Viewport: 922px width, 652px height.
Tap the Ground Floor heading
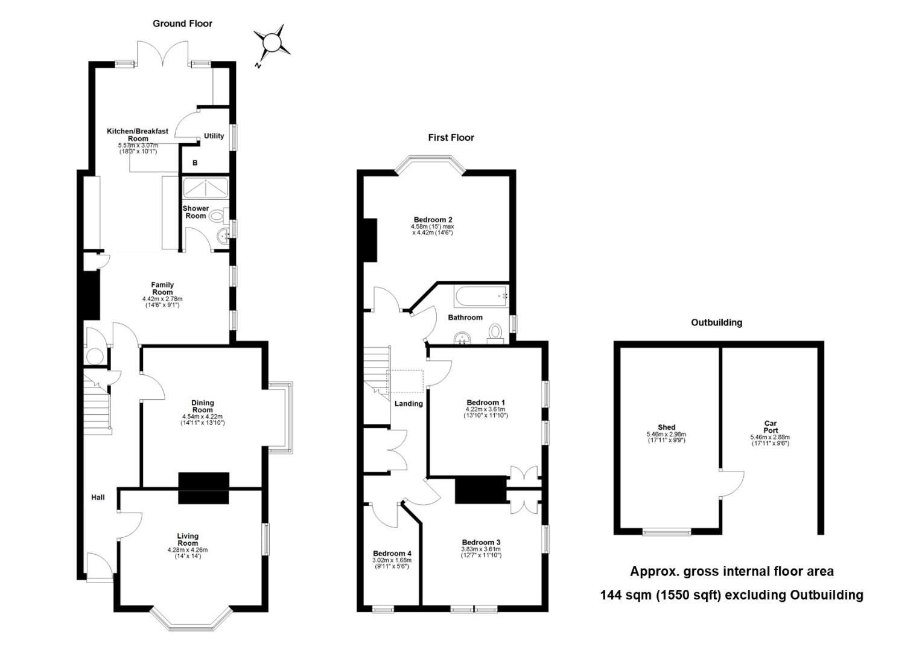tap(182, 24)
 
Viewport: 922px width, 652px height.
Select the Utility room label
tap(214, 136)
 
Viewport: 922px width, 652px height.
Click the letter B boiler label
tap(195, 163)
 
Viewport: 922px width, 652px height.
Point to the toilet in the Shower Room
tap(219, 215)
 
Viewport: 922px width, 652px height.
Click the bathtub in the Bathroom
tap(481, 296)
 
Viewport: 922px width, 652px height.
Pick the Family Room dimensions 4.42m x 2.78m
tap(162, 299)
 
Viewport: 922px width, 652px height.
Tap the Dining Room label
tap(203, 406)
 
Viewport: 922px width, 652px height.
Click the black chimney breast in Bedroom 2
tap(370, 240)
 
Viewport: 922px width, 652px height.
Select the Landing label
tap(409, 404)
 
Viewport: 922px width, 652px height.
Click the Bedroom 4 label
tap(392, 553)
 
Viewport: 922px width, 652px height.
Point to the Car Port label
tap(771, 427)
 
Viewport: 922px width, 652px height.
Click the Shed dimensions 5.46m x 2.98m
tap(666, 434)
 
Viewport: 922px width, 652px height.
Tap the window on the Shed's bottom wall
tap(667, 532)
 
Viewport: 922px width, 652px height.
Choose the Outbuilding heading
tap(717, 322)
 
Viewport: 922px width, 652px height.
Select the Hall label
tap(98, 497)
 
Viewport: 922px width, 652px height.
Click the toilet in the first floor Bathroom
tap(495, 334)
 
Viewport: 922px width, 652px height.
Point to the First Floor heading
tap(451, 138)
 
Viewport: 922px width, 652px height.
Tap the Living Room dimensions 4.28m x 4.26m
tap(188, 550)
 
